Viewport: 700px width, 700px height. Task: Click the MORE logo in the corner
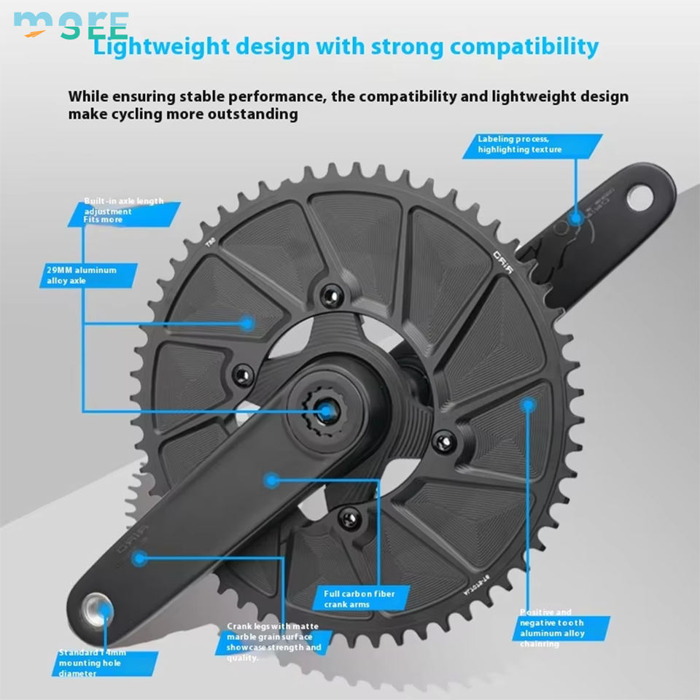pyautogui.click(x=71, y=25)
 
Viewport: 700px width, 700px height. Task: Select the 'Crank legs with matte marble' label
pyautogui.click(x=274, y=642)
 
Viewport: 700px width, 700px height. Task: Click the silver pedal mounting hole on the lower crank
pyautogui.click(x=97, y=607)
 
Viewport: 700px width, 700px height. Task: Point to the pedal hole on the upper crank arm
pyautogui.click(x=640, y=198)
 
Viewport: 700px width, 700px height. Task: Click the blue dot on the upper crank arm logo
pyautogui.click(x=576, y=217)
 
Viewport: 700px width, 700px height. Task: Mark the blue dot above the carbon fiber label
pyautogui.click(x=271, y=480)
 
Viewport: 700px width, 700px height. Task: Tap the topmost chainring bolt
pyautogui.click(x=328, y=295)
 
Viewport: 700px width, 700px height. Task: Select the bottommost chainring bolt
pyautogui.click(x=349, y=519)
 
